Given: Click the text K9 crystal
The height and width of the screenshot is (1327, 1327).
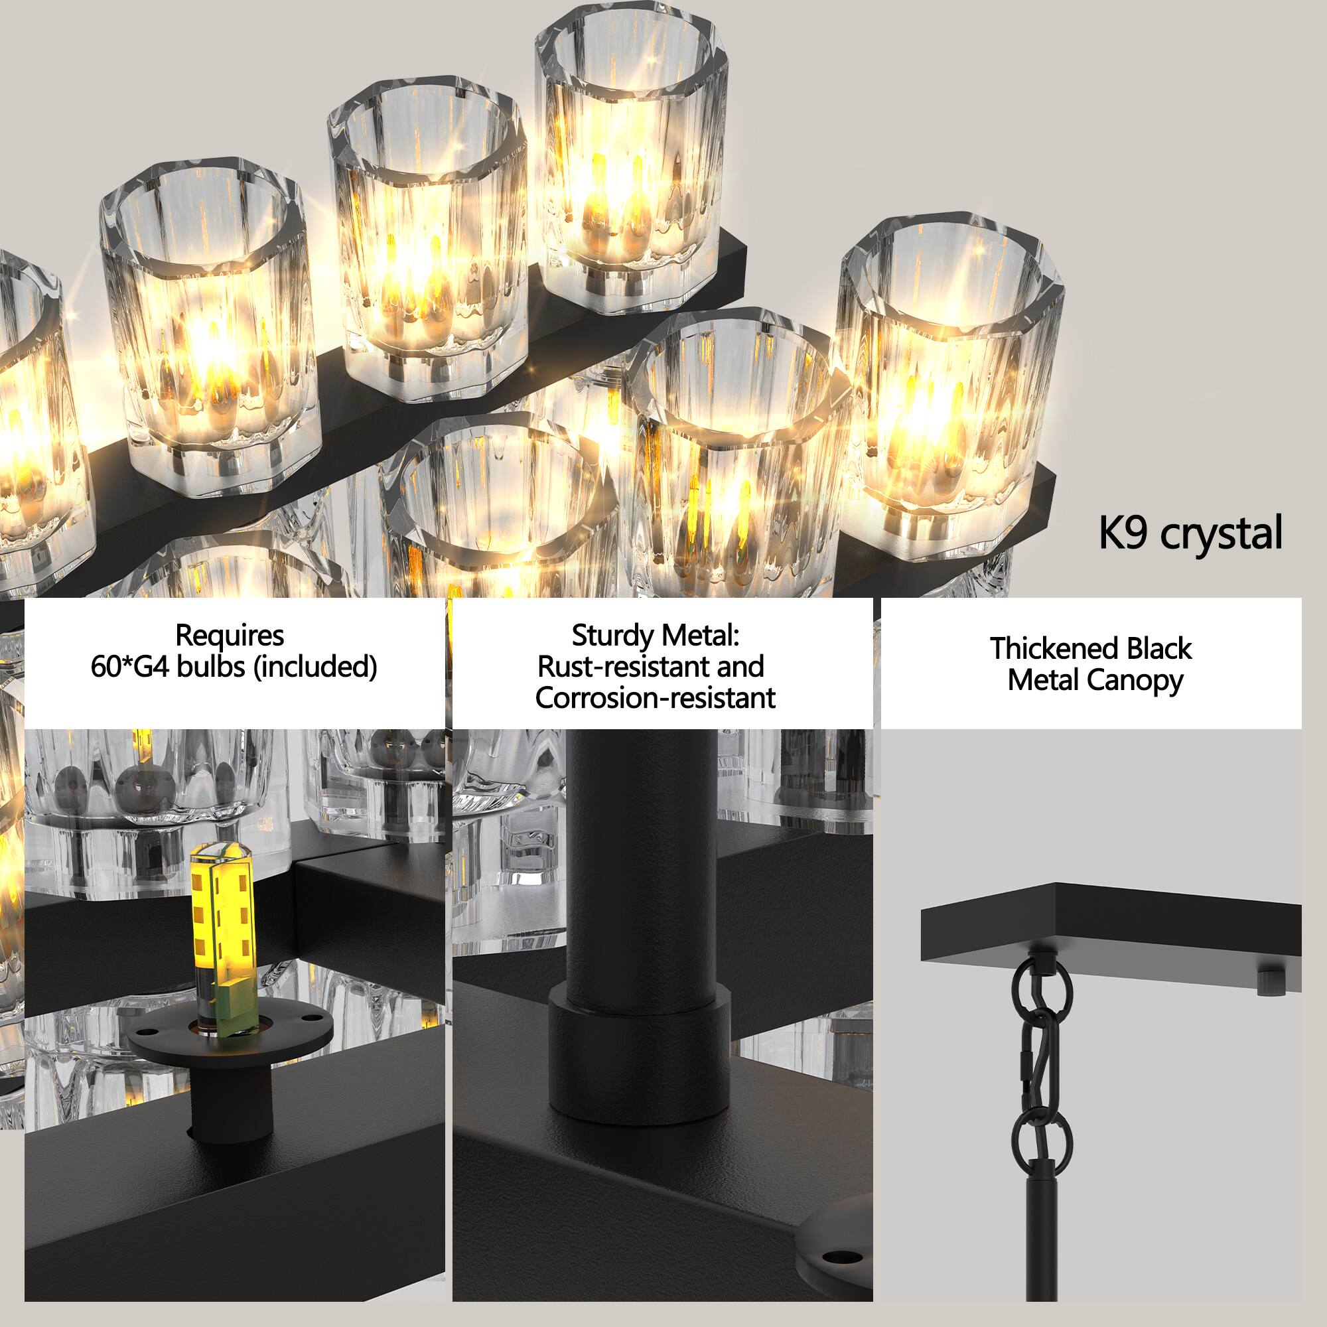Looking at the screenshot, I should (1190, 533).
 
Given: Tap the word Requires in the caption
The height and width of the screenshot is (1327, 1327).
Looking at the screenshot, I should (230, 636).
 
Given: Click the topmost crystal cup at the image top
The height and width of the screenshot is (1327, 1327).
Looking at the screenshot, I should (630, 151).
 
